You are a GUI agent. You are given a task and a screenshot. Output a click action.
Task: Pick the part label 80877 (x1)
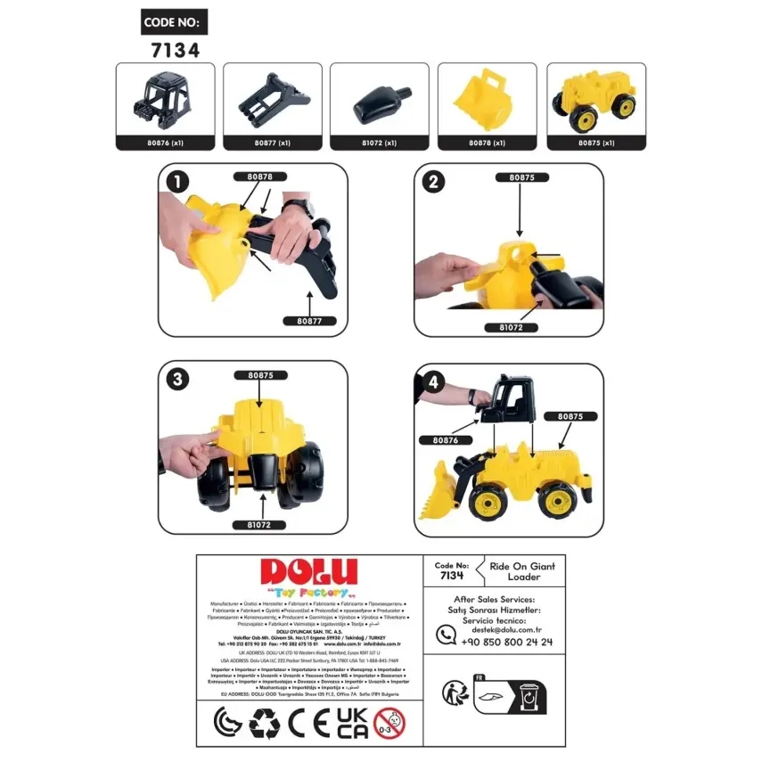[272, 143]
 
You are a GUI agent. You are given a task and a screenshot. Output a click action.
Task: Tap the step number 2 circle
[433, 182]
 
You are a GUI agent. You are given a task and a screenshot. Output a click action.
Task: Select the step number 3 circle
[179, 380]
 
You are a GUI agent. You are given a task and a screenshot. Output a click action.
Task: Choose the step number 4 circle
[433, 381]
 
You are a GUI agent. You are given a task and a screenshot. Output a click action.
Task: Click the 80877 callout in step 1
[308, 321]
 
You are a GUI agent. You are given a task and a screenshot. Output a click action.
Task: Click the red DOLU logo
[307, 573]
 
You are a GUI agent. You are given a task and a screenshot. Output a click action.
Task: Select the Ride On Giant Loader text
[523, 571]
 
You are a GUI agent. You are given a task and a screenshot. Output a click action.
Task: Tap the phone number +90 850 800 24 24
[508, 642]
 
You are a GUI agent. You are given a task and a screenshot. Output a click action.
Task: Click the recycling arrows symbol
[265, 723]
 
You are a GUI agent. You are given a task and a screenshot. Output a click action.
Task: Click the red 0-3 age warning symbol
[389, 723]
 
